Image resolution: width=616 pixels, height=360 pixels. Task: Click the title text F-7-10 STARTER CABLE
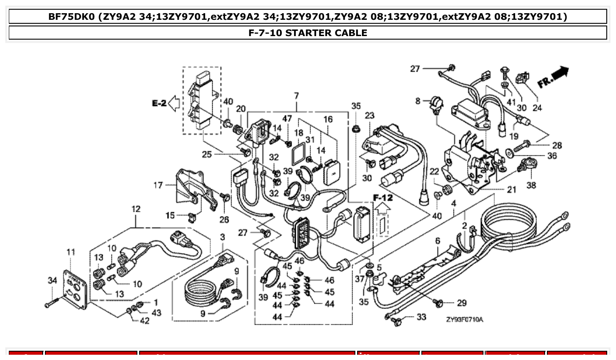(308, 33)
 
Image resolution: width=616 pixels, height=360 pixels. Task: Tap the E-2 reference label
(159, 103)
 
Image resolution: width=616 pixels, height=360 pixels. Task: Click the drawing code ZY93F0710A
(464, 319)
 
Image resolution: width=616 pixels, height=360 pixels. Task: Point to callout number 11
(71, 252)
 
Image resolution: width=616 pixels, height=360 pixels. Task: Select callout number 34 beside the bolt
(52, 280)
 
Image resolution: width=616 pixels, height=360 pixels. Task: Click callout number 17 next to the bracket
(159, 185)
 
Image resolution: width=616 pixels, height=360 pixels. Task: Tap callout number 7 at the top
(296, 96)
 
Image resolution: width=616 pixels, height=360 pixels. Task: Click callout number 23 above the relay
(369, 116)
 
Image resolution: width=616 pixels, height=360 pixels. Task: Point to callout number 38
(531, 185)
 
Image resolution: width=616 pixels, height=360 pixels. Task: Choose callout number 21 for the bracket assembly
(511, 190)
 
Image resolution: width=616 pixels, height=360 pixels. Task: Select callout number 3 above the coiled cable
(222, 237)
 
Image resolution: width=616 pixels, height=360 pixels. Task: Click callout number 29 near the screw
(461, 303)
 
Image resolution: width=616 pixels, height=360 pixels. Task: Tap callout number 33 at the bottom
(421, 317)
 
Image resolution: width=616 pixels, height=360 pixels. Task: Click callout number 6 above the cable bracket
(438, 241)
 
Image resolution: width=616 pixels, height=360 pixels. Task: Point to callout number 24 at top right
(537, 108)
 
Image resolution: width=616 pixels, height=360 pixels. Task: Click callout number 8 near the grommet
(418, 101)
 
